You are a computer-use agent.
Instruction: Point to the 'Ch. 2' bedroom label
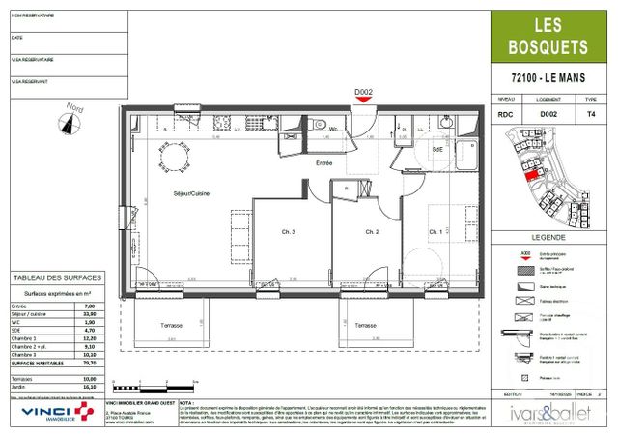pyautogui.click(x=370, y=232)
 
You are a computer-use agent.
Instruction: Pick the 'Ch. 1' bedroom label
pyautogui.click(x=435, y=232)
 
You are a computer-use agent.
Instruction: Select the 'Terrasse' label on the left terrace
pyautogui.click(x=173, y=326)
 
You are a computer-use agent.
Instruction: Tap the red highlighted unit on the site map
pyautogui.click(x=528, y=175)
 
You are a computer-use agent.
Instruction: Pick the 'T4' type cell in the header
pyautogui.click(x=591, y=114)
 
